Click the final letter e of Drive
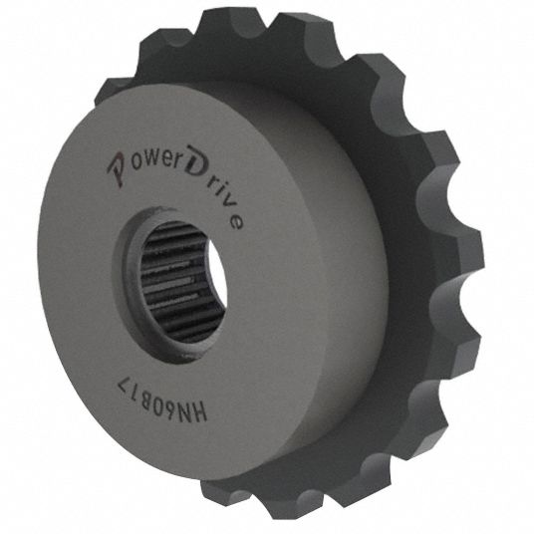click(235, 221)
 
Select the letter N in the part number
click(182, 405)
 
